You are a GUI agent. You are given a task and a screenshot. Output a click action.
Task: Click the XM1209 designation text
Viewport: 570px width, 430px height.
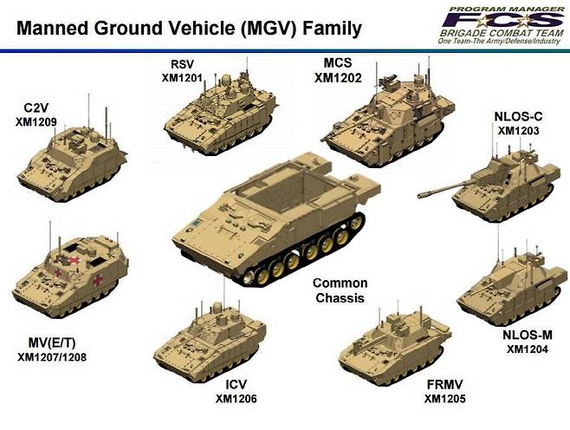(36, 122)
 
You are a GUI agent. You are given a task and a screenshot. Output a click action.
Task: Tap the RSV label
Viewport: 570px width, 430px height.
(183, 64)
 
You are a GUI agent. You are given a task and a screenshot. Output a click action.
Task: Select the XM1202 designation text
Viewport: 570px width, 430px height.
(338, 78)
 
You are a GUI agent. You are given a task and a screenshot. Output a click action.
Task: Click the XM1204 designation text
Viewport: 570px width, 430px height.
(528, 349)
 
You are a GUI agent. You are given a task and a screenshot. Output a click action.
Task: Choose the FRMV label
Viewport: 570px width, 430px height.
(445, 385)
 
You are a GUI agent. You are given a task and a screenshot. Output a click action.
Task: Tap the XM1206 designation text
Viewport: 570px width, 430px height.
(236, 399)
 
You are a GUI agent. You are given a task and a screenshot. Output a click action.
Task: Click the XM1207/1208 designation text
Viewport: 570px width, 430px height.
(52, 357)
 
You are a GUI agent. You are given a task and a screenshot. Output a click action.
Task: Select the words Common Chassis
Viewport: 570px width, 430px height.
(340, 290)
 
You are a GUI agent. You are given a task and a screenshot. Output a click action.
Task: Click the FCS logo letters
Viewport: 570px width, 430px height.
(502, 20)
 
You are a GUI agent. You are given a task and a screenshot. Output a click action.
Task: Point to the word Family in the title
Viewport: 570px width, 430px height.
(333, 29)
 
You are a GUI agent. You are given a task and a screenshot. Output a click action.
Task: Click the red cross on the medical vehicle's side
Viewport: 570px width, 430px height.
(97, 280)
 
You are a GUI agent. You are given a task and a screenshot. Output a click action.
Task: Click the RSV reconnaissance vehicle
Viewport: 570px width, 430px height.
(220, 113)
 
